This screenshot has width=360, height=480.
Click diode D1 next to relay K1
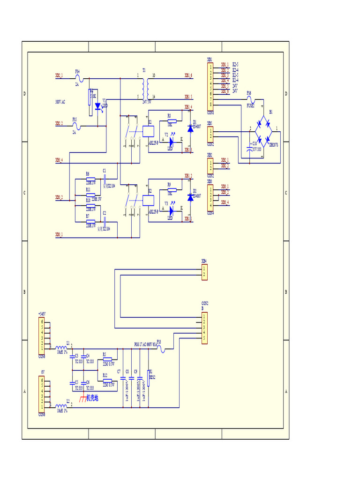point(190,128)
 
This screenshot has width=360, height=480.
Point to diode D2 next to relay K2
point(190,197)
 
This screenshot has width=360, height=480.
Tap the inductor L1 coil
point(61,348)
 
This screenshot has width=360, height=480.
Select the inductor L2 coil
point(61,406)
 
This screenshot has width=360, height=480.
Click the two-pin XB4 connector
point(204,272)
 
